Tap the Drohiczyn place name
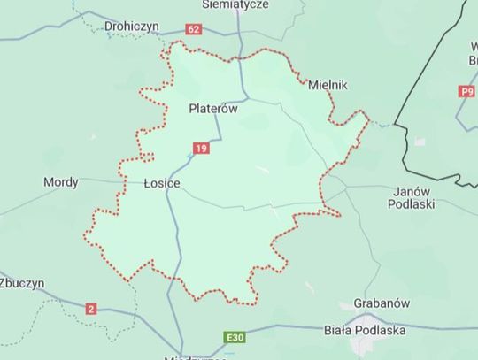(131, 27)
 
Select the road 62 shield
(194, 29)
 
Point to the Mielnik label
(328, 85)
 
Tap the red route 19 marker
(202, 148)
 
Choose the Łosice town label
(162, 183)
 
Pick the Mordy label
(61, 182)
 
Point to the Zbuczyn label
(21, 284)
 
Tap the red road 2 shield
(90, 309)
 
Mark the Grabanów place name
(382, 303)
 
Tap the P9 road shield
(467, 90)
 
